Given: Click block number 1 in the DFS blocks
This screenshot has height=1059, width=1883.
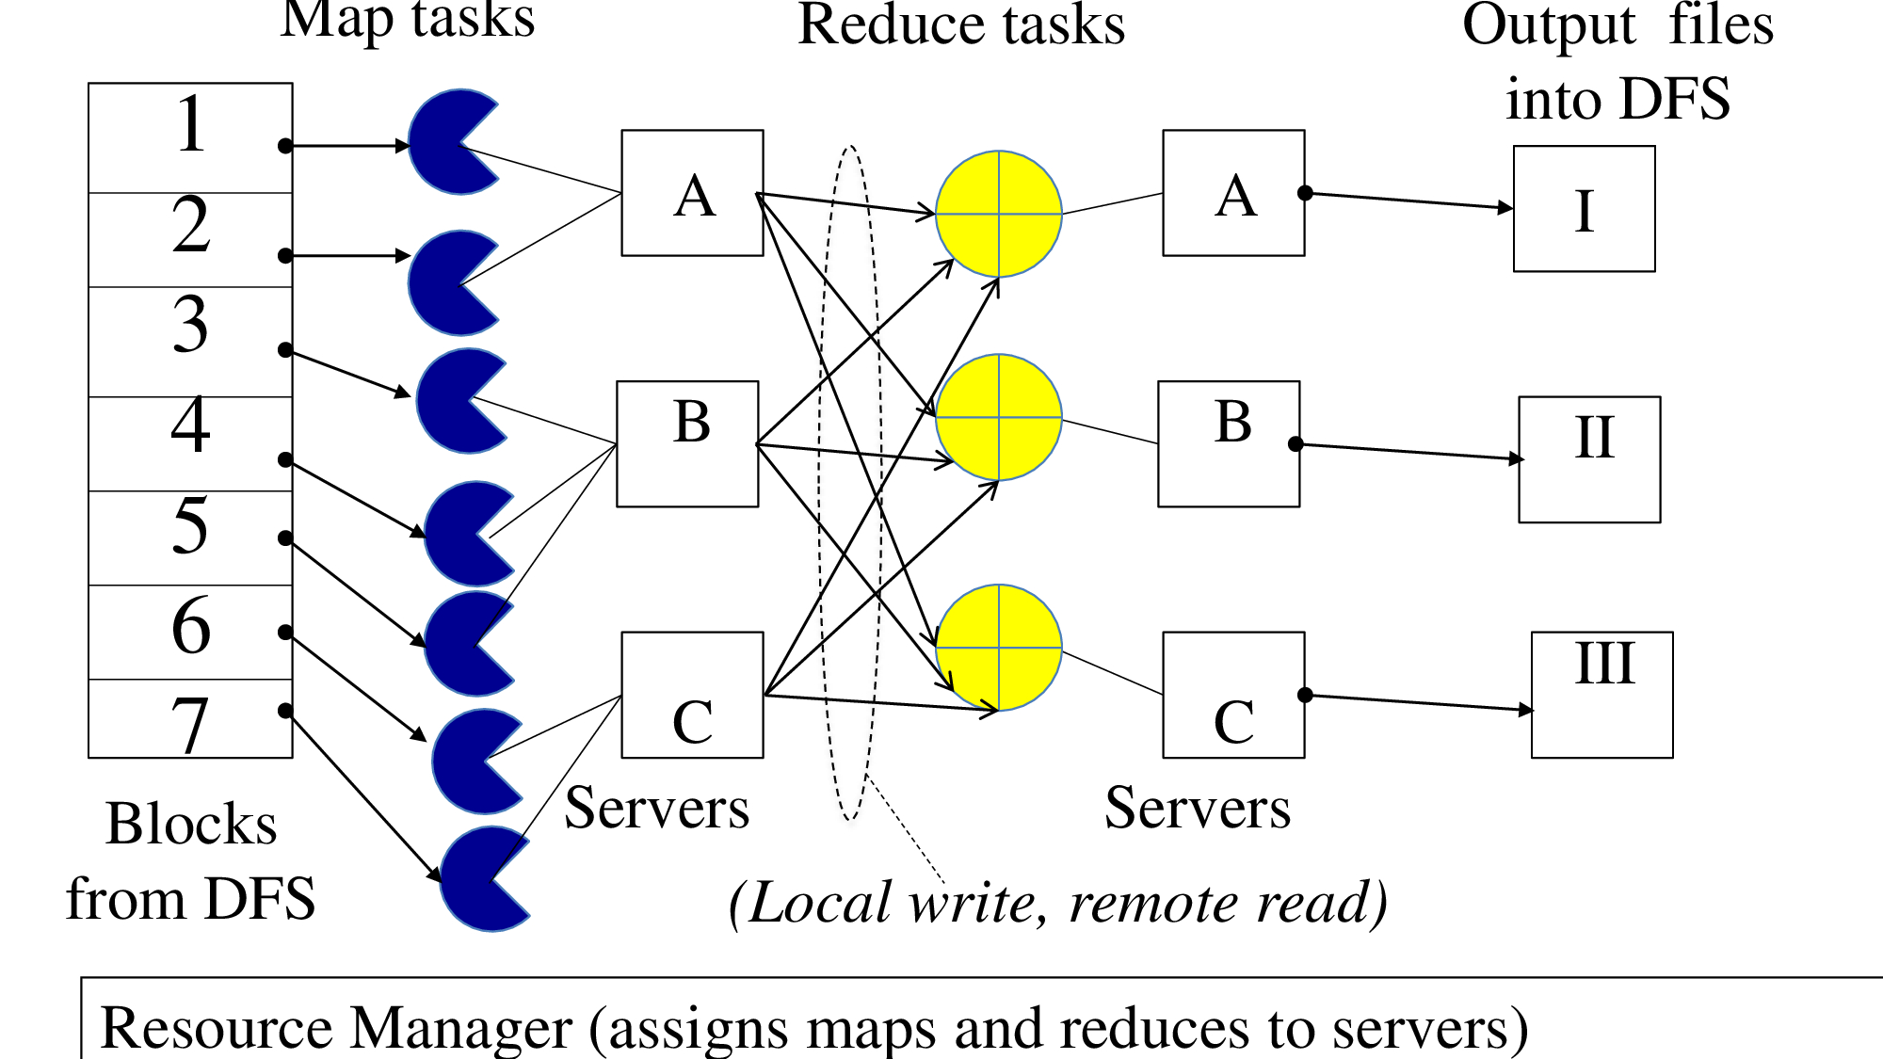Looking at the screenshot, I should pos(190,137).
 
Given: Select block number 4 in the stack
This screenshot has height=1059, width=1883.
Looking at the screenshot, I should pos(190,442).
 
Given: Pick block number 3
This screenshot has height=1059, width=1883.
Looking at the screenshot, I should pos(190,341).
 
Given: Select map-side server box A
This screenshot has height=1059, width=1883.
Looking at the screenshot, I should pos(692,193).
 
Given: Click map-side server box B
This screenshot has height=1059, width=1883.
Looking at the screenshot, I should pos(687,443).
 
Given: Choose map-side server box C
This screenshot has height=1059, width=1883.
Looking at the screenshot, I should pos(692,695).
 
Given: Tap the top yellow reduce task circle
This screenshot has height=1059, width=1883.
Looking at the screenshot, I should pos(999,214).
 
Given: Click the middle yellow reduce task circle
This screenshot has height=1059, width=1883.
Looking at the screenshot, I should pos(999,417).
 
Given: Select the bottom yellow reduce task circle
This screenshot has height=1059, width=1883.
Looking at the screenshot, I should pos(999,648).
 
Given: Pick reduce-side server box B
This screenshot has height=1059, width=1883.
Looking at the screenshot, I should pos(1229,443).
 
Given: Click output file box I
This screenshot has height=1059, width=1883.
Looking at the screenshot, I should pos(1585,209).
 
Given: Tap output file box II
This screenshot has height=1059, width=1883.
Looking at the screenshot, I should pos(1589,459).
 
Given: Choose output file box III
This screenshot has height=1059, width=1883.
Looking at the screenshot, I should pos(1602,695).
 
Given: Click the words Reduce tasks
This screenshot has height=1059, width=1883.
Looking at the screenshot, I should pos(961,24).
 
